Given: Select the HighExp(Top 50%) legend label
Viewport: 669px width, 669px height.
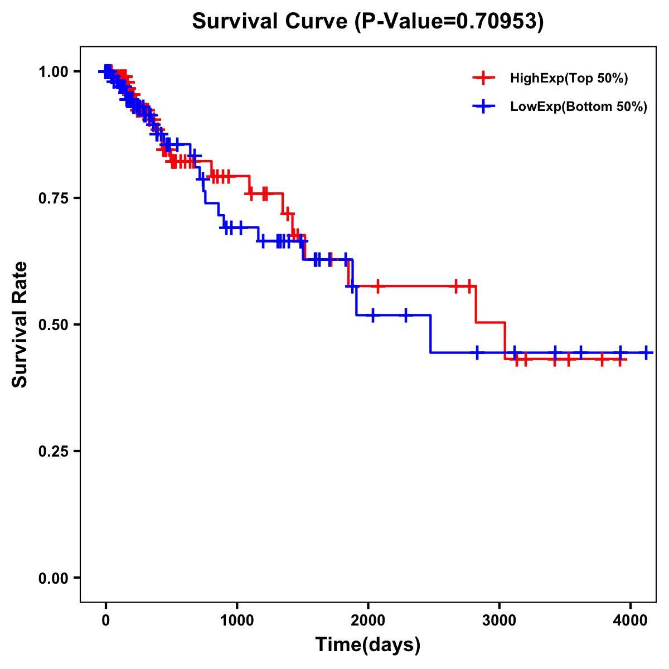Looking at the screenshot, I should [x=569, y=79].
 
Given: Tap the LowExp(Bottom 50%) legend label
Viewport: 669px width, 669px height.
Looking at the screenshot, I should [x=579, y=107].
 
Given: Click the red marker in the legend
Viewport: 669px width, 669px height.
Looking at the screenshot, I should [x=483, y=78].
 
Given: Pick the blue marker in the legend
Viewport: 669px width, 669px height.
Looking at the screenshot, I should [x=483, y=106].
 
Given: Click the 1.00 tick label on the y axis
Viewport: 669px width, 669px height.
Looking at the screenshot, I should [x=53, y=71].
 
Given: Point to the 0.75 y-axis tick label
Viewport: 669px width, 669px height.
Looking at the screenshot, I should [x=53, y=198].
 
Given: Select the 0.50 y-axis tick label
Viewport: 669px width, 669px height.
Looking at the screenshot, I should [x=53, y=324].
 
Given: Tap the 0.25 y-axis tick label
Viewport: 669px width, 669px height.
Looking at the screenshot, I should [x=53, y=451].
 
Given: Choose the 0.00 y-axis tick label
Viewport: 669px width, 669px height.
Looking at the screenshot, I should [x=53, y=578].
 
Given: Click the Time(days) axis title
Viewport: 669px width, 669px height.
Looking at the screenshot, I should [x=368, y=645].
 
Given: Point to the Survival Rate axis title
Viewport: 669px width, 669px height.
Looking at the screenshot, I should [x=21, y=324].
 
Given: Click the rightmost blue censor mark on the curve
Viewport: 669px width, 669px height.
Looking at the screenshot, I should [x=646, y=352].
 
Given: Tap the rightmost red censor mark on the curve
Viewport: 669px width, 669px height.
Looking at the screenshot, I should [x=620, y=360].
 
